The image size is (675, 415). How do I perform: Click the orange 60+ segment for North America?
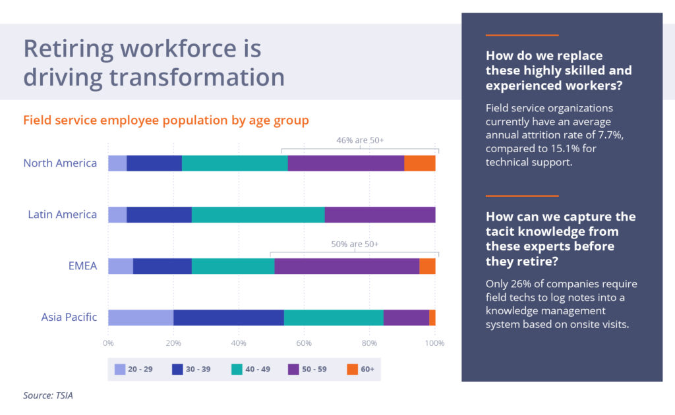(x=419, y=163)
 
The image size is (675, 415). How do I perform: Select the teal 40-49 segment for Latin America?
(x=258, y=215)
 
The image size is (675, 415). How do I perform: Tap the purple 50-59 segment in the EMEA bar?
(x=347, y=266)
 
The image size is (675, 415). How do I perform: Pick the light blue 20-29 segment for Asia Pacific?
(x=140, y=318)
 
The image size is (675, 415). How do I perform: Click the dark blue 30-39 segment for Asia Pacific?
(x=229, y=318)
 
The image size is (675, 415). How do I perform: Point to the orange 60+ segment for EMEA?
(x=427, y=266)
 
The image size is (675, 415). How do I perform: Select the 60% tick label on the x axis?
(x=304, y=343)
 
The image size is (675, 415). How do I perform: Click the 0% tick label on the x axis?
(x=108, y=343)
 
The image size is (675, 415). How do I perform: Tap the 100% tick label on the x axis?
(x=434, y=343)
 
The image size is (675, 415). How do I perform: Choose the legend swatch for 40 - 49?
(x=236, y=370)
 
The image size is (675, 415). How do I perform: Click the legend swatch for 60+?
(x=352, y=370)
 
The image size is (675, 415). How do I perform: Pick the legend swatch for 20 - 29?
(x=120, y=370)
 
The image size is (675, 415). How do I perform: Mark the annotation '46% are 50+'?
(x=360, y=140)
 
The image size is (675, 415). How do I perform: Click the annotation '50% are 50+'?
(x=355, y=244)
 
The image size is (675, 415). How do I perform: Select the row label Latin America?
(x=62, y=215)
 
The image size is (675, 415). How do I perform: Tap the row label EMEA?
(x=83, y=266)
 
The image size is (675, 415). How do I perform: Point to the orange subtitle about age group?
(x=166, y=121)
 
